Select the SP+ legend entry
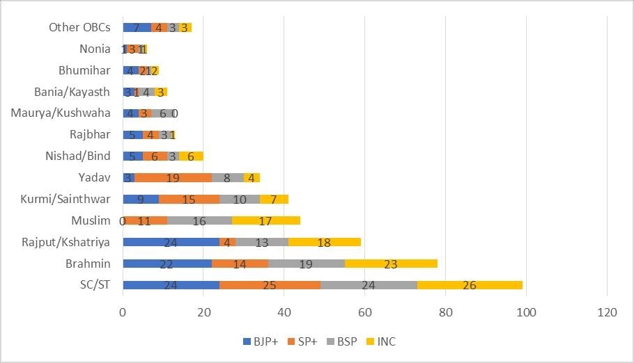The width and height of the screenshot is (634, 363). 304,341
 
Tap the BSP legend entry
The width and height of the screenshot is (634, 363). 345,341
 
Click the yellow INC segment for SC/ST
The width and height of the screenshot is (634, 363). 470,284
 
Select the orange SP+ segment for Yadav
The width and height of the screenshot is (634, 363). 173,178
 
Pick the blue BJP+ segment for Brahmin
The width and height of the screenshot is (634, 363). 167,264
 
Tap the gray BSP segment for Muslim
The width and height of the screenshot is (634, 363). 199,220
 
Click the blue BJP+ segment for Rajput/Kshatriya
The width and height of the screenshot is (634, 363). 171,242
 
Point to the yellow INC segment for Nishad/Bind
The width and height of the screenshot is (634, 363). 191,156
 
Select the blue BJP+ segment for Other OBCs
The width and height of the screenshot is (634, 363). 137,28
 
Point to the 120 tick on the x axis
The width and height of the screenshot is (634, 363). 607,314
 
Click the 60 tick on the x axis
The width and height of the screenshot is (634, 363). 365,314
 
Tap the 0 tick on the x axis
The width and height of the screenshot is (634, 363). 123,314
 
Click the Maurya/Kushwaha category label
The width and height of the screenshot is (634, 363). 61,113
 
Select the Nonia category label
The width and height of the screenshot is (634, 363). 95,49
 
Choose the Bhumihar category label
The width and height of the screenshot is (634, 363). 84,70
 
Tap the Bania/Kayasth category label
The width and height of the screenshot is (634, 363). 72,92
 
